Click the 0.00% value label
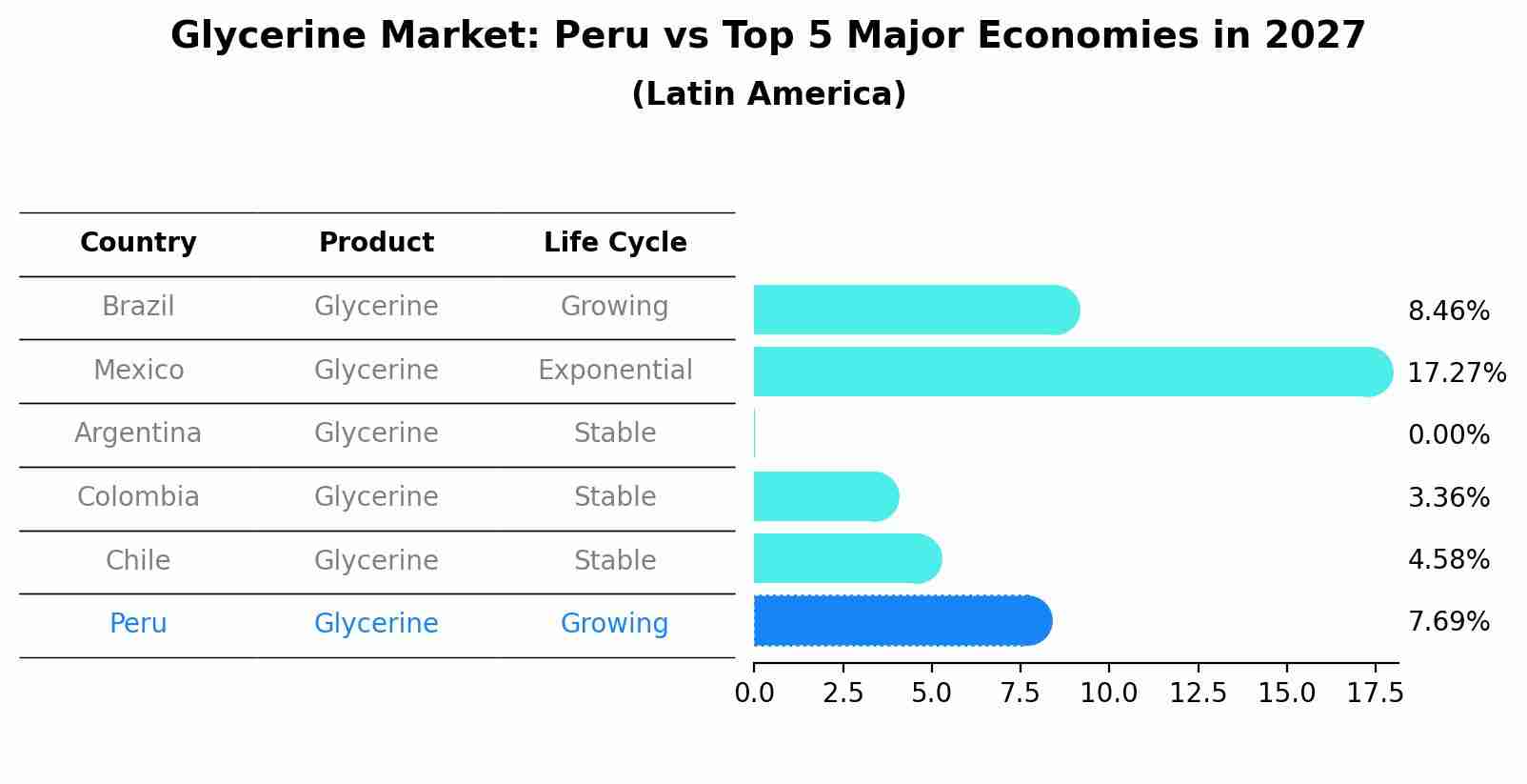click(1448, 435)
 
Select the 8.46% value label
click(1448, 312)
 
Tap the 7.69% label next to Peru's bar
click(1448, 622)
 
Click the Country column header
click(138, 243)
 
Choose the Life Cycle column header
click(615, 243)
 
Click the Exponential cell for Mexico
click(615, 370)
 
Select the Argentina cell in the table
click(138, 433)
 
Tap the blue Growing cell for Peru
click(615, 624)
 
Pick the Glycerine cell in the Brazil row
click(376, 307)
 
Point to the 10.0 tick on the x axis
click(1108, 693)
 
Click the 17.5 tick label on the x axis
click(1375, 693)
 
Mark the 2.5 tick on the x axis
click(843, 693)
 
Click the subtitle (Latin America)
click(768, 94)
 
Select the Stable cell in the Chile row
click(615, 560)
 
